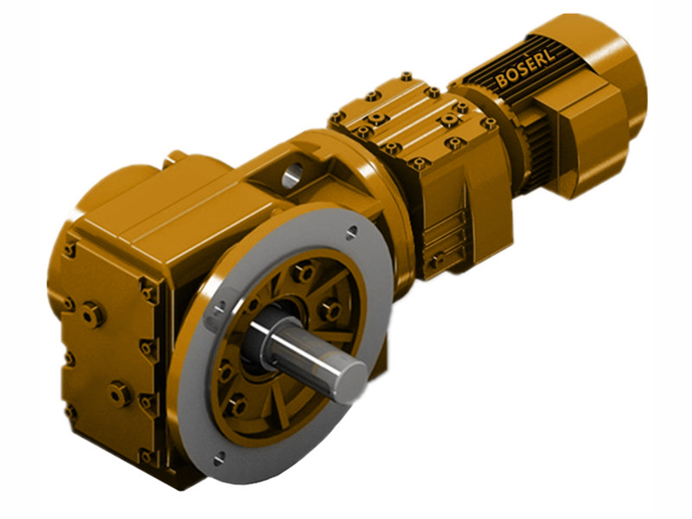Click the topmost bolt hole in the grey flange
(350, 232)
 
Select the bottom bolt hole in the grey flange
(218, 456)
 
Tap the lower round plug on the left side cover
(119, 394)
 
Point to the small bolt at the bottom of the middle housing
(439, 259)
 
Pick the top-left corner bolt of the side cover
(68, 250)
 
